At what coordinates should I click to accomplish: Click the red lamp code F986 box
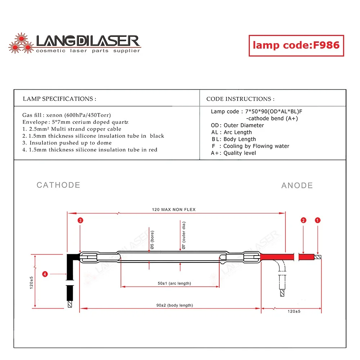click(296, 45)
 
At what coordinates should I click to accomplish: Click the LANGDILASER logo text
click(87, 41)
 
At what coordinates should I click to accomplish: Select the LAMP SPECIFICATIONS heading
click(59, 99)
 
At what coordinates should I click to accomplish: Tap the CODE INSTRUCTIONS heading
click(240, 99)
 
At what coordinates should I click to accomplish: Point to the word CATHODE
click(58, 185)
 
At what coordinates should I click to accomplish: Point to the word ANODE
click(297, 185)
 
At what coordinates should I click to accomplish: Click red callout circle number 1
click(318, 220)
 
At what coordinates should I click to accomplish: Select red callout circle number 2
click(303, 220)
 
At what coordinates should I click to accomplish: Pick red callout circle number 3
click(80, 220)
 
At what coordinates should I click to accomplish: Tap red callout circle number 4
click(45, 274)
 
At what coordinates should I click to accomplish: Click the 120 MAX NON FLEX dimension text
click(174, 210)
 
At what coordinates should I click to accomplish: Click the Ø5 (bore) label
click(152, 240)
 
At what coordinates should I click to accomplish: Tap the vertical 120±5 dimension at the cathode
click(32, 282)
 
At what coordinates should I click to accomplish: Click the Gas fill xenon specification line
click(67, 115)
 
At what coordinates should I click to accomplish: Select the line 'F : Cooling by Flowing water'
click(250, 146)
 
